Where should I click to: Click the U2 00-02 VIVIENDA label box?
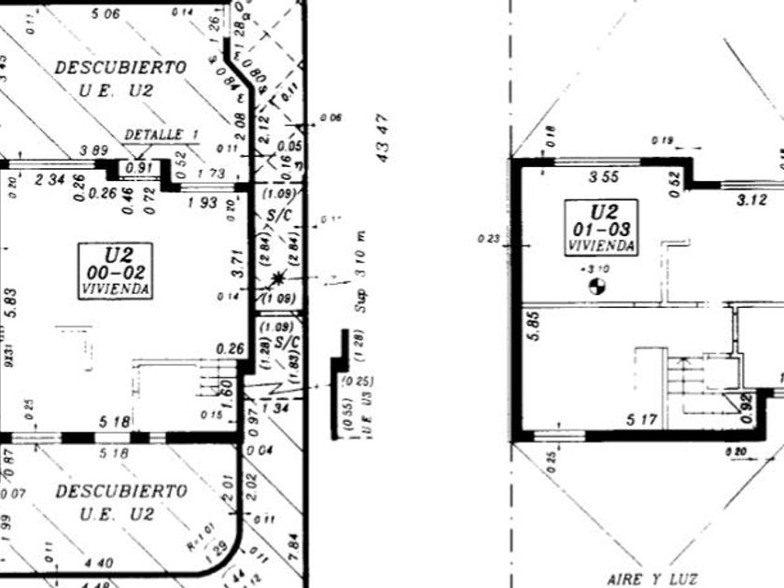[115, 270]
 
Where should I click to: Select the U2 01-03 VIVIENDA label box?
[602, 226]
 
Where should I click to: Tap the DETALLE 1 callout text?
[161, 135]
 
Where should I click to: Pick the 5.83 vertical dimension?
[11, 302]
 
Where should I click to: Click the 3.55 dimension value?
[600, 176]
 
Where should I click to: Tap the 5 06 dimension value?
[105, 13]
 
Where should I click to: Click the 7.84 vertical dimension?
[294, 541]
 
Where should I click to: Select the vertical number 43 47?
[382, 138]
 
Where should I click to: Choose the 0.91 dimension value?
[138, 168]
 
